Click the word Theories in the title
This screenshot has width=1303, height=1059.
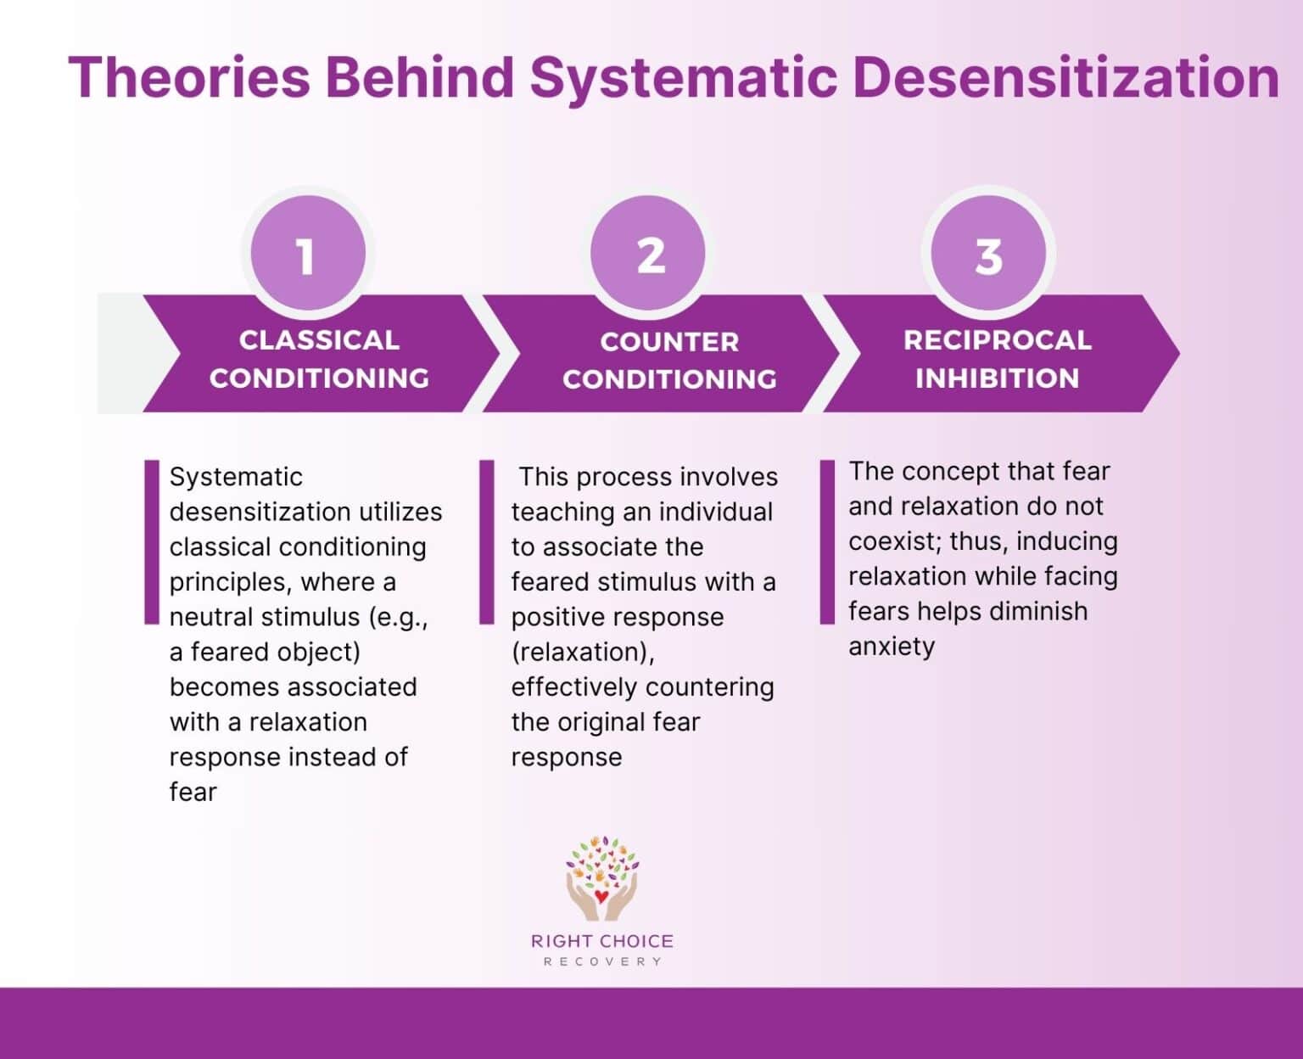pyautogui.click(x=189, y=77)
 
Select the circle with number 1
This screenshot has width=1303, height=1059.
pyautogui.click(x=307, y=254)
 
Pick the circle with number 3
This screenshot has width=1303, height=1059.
pyautogui.click(x=988, y=254)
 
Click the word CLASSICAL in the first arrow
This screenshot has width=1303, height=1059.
pyautogui.click(x=319, y=340)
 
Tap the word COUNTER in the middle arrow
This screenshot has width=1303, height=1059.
pyautogui.click(x=669, y=342)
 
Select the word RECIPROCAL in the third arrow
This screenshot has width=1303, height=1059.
pyautogui.click(x=997, y=340)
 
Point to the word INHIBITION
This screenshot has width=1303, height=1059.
pyautogui.click(x=997, y=378)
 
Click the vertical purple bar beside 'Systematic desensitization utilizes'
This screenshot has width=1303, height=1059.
pyautogui.click(x=152, y=542)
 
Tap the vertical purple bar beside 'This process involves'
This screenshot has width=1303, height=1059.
pyautogui.click(x=486, y=542)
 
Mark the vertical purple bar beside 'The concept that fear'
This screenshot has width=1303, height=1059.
pyautogui.click(x=827, y=542)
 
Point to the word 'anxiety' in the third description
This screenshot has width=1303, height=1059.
pyautogui.click(x=892, y=647)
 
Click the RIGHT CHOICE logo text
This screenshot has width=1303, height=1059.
pyautogui.click(x=602, y=941)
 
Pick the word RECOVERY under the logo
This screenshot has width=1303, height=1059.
pyautogui.click(x=602, y=961)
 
